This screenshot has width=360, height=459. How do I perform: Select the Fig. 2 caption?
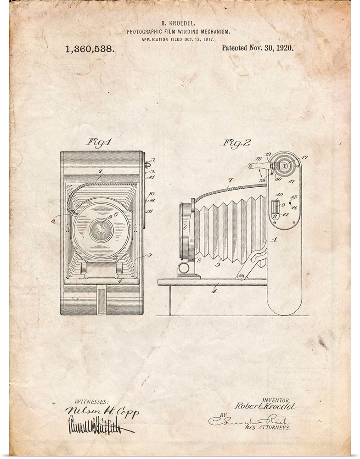click(x=237, y=143)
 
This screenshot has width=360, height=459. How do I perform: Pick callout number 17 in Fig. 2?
click(x=304, y=158)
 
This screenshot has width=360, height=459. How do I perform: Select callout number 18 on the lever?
click(x=259, y=159)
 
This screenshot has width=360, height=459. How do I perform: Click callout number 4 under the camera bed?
click(x=214, y=291)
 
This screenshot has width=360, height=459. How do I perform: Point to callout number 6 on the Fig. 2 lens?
click(x=185, y=227)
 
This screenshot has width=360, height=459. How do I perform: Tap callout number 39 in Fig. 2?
click(x=263, y=181)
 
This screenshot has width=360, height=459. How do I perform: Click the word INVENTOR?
click(x=274, y=400)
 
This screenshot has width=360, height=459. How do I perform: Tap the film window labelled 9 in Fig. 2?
click(x=276, y=206)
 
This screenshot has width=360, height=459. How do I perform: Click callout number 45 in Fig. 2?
click(x=294, y=197)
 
